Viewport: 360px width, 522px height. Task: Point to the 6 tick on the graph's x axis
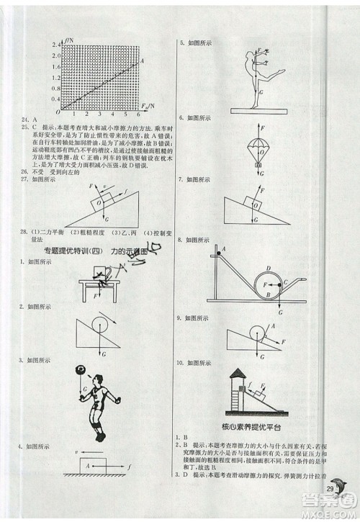click(x=137, y=114)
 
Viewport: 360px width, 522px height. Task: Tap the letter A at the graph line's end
click(x=144, y=60)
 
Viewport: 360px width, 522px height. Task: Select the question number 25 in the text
click(x=24, y=126)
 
